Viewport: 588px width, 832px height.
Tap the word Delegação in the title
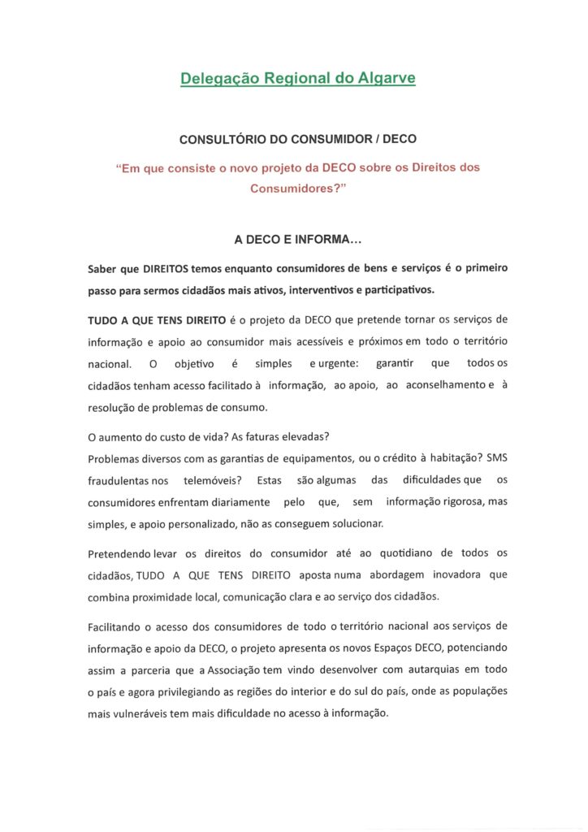pos(214,79)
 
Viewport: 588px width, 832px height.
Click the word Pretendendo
pos(120,554)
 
